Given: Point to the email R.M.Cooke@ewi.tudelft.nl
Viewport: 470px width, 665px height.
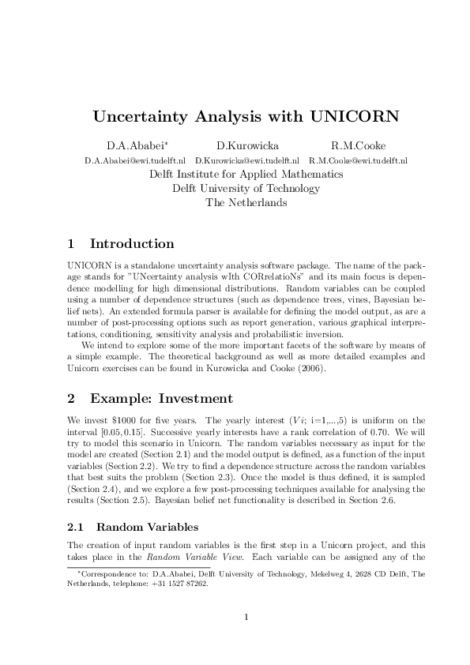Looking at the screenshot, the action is tap(363, 160).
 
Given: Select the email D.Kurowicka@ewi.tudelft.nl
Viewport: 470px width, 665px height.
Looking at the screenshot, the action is tap(246, 160).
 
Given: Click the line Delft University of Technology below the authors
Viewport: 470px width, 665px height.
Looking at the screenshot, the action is tap(246, 188).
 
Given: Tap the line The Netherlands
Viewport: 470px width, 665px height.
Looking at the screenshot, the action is tap(246, 202).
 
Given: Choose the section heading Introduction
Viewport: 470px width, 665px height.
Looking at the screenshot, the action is tap(132, 243).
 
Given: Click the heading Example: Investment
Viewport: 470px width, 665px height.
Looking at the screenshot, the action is tap(161, 398).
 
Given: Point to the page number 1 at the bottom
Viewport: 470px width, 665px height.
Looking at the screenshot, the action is tap(246, 617).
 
